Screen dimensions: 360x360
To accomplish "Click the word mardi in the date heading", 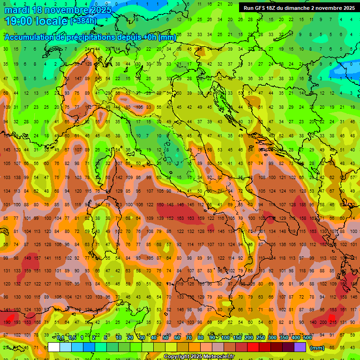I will pos(17,9).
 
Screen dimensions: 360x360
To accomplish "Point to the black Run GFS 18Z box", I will pos(299,8).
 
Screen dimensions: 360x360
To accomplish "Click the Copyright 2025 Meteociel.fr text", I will pos(199,356).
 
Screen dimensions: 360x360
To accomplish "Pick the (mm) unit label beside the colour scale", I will pos(317,348).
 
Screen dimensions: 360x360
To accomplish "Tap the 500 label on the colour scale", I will pos(307,338).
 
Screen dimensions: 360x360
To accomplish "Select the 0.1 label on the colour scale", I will pos(60,338).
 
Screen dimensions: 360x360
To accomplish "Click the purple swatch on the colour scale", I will pos(300,347).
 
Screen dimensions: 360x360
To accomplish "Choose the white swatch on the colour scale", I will pos(54,347).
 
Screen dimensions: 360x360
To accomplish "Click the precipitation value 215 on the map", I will pos(333,322).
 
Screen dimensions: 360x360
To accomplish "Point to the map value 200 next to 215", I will pos(323,322).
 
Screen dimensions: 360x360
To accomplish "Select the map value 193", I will pos(17,322).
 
